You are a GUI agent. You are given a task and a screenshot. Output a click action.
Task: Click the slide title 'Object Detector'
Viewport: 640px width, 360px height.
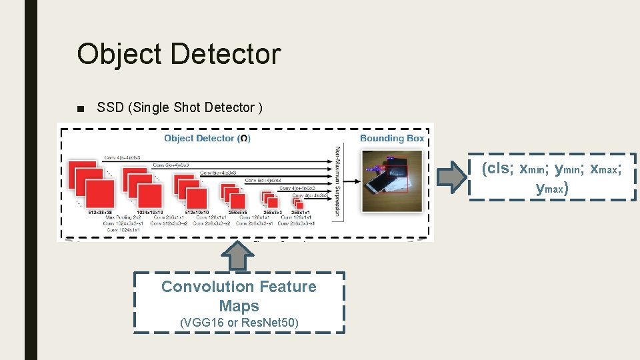click(178, 54)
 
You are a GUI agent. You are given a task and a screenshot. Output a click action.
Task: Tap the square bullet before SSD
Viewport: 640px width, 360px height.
click(81, 109)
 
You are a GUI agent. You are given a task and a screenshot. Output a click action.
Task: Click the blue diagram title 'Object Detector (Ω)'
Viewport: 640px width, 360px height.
click(207, 138)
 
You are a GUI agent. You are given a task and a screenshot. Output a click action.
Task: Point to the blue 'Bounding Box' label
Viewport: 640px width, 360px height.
click(392, 138)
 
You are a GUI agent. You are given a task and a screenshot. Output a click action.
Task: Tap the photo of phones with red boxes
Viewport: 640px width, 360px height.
click(392, 181)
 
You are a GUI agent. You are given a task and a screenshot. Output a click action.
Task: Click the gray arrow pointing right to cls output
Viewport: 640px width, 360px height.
click(451, 176)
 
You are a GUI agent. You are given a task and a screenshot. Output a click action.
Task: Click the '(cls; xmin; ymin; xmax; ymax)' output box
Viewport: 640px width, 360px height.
click(552, 177)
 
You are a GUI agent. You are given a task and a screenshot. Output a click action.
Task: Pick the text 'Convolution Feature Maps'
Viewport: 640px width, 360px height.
click(239, 296)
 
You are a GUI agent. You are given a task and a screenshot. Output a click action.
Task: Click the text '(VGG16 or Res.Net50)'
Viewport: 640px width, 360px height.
click(239, 323)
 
